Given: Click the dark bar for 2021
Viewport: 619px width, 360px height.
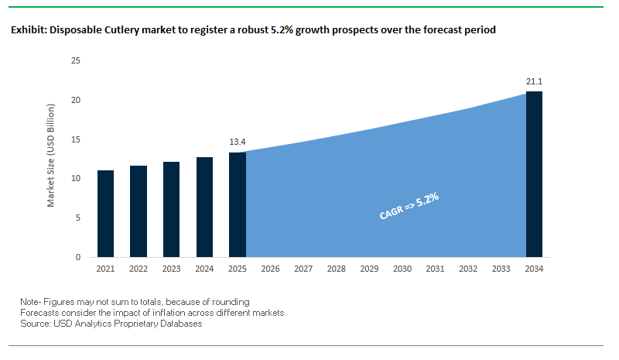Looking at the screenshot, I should [x=105, y=214].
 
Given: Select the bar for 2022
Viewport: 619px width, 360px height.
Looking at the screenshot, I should [x=139, y=211].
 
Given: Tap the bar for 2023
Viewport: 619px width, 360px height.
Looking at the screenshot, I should [x=172, y=209].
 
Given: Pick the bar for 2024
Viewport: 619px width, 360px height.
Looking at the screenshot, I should [x=204, y=207].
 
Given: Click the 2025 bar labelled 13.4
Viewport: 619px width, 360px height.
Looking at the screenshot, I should [x=238, y=204].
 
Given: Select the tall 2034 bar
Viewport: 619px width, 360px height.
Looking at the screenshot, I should [x=534, y=174].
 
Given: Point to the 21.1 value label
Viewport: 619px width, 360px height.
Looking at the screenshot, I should [x=534, y=81].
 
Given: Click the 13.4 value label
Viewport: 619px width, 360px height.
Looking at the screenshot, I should [x=238, y=142].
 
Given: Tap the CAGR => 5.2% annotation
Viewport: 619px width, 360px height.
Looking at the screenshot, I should [x=409, y=207].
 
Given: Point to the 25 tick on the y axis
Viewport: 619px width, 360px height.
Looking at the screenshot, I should [x=76, y=60].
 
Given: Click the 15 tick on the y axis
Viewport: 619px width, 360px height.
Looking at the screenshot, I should [x=76, y=139].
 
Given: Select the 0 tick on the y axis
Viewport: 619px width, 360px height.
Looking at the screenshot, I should [x=78, y=257].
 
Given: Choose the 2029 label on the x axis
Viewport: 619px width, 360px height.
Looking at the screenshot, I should [x=369, y=269].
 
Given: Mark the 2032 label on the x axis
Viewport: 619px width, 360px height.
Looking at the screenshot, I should [x=468, y=269].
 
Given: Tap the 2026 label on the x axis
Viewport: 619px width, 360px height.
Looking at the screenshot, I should [x=271, y=269].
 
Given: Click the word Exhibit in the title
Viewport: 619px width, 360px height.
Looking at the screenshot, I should [x=28, y=30].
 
